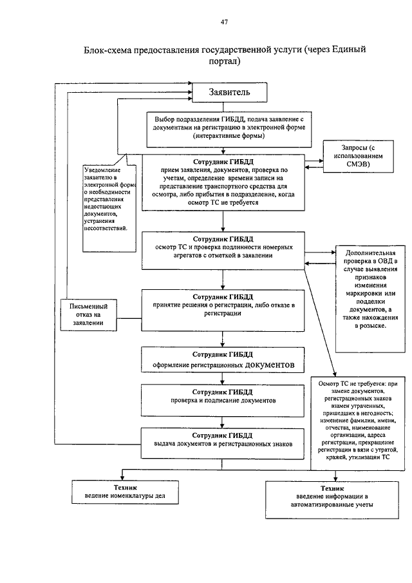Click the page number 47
point(224,22)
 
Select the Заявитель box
point(229,92)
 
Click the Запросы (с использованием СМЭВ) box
point(358,156)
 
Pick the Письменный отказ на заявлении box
point(88,315)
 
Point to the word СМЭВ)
point(358,164)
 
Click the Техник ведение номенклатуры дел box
point(125,492)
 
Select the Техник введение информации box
point(332,500)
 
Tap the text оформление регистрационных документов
point(223,365)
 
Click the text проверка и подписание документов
point(223,401)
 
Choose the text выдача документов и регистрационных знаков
point(223,444)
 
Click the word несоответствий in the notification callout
point(106,228)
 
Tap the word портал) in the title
point(225,61)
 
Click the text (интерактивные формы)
point(229,136)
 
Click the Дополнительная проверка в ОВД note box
point(370,299)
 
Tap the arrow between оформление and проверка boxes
point(222,379)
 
